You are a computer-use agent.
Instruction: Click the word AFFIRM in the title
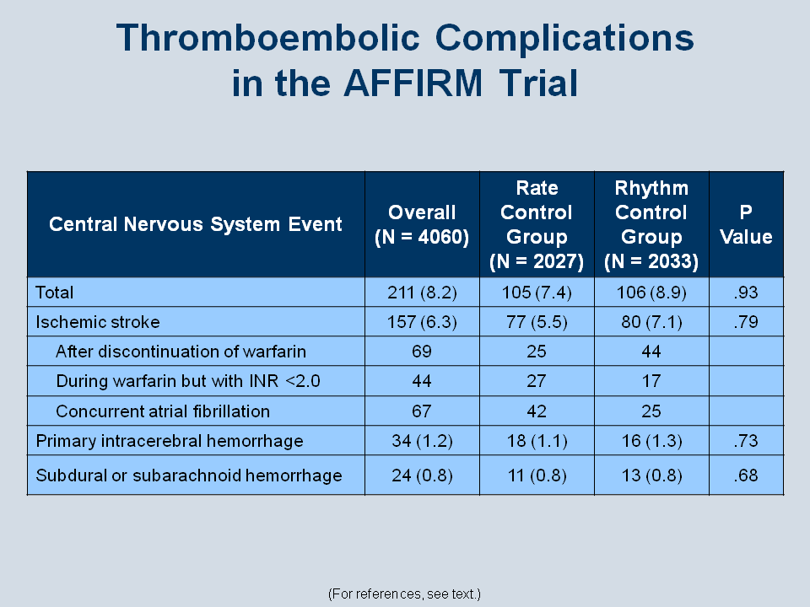click(x=413, y=83)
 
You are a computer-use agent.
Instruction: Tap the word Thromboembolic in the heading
click(x=268, y=38)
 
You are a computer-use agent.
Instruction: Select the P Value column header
click(x=746, y=224)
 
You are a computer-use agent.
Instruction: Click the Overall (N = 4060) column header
click(x=422, y=224)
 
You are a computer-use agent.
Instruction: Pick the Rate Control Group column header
click(x=537, y=224)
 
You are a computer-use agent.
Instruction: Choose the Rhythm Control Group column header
click(x=651, y=224)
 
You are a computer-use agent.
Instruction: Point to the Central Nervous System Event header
click(x=195, y=224)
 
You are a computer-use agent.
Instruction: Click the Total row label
click(x=54, y=293)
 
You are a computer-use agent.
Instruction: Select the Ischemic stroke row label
click(x=98, y=322)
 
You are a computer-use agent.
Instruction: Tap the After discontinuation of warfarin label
click(x=181, y=352)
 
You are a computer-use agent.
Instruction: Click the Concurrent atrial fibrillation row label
click(x=163, y=411)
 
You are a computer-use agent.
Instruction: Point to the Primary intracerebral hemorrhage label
click(x=170, y=441)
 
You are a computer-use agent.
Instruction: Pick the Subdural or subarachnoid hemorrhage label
click(x=188, y=475)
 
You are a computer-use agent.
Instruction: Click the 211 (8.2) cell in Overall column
click(x=422, y=293)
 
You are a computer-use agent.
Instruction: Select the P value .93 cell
click(x=746, y=293)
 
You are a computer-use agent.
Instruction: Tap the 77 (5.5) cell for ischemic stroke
click(x=537, y=322)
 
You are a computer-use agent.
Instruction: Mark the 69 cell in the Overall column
click(x=422, y=352)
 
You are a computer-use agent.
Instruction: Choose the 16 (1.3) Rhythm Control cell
click(x=651, y=441)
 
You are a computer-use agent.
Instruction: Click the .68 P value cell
click(x=746, y=475)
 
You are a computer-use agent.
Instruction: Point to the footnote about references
click(x=404, y=594)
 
